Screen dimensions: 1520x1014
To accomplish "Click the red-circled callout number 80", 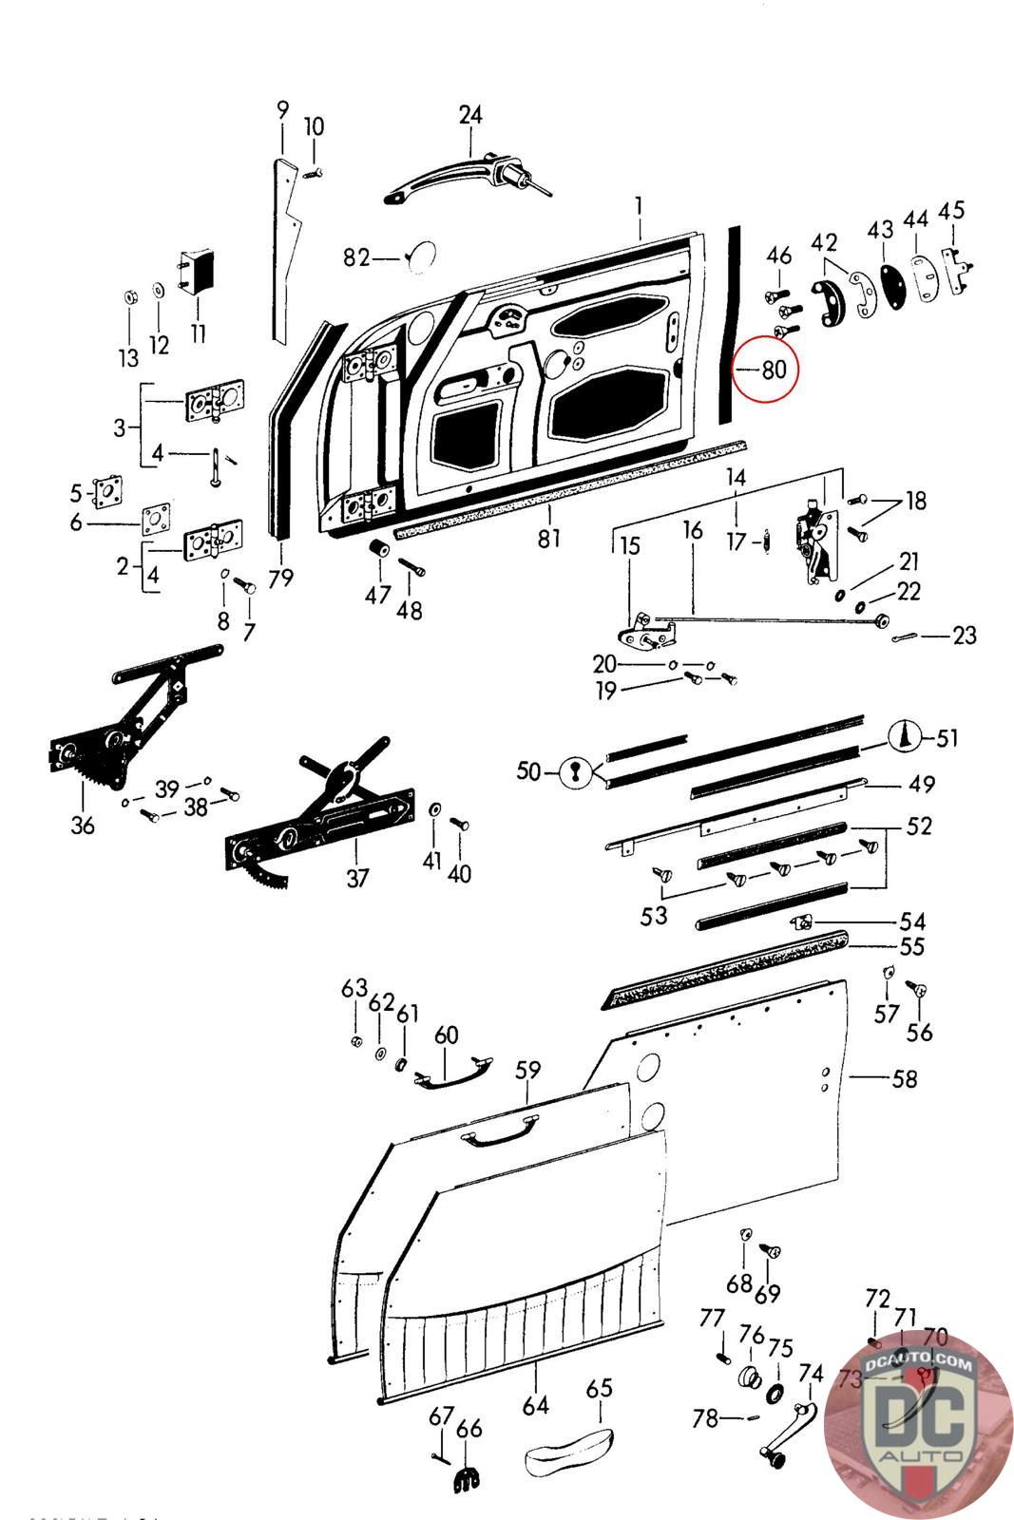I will [775, 369].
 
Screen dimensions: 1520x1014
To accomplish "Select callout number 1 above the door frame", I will [640, 206].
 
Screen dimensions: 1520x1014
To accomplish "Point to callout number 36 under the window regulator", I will [83, 825].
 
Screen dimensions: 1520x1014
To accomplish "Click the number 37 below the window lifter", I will [357, 878].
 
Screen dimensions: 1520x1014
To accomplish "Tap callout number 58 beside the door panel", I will [904, 1078].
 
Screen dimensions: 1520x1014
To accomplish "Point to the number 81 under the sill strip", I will [549, 539].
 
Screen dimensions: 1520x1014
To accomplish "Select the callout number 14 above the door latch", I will [736, 477].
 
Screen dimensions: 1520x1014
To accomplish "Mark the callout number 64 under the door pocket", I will [535, 1405].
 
